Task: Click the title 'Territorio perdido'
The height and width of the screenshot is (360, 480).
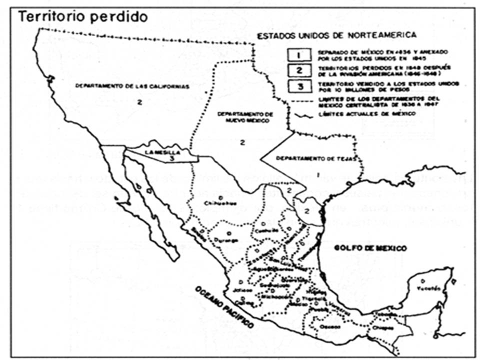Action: [83, 16]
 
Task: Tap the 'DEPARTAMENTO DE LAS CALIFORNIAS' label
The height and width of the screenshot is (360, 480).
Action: [132, 86]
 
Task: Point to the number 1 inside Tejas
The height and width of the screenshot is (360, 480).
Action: [318, 175]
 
